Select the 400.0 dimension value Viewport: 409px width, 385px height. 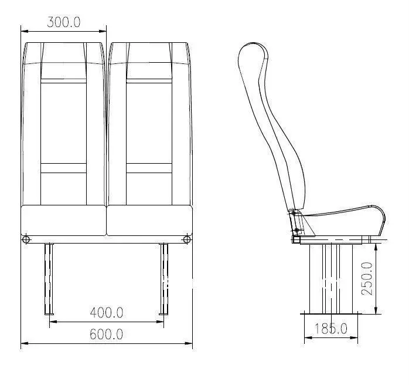(106, 312)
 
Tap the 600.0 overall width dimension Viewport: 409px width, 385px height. (106, 334)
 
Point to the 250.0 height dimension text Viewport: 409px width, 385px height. (366, 279)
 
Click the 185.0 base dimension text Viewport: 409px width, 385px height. (330, 328)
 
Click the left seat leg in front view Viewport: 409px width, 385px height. (49, 279)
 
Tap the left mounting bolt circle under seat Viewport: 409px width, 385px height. (26, 239)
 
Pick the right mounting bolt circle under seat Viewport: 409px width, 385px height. (187, 239)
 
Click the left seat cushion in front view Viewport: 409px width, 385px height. (63, 219)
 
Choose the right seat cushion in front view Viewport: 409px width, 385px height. (150, 219)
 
